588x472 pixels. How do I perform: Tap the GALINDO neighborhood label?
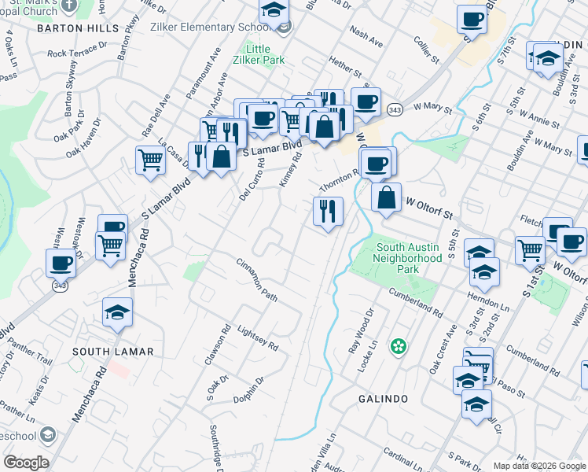(382, 399)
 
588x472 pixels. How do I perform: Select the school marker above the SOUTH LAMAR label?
(118, 312)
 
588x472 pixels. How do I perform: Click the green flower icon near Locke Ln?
(399, 345)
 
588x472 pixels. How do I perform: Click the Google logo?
(26, 463)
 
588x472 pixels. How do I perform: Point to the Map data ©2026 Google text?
(539, 466)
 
